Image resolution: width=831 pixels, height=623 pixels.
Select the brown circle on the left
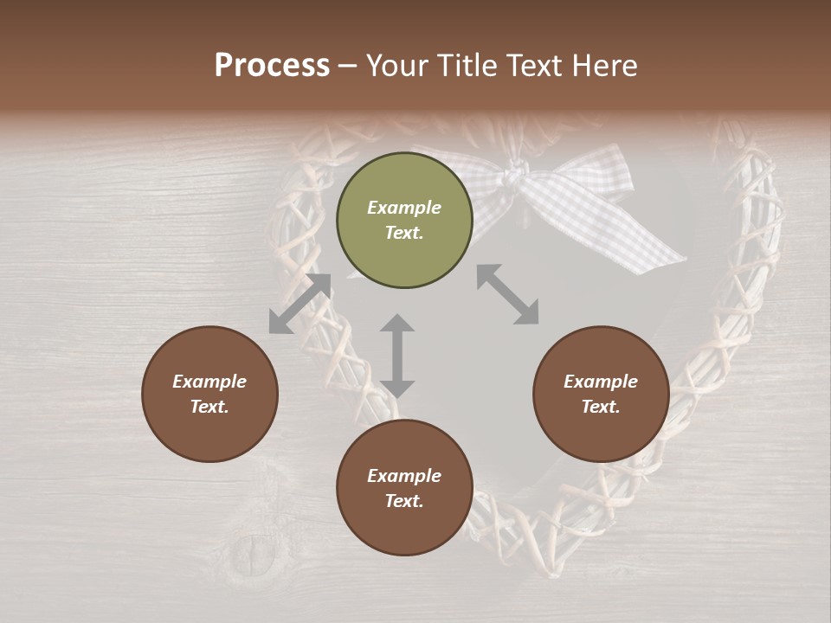tap(209, 394)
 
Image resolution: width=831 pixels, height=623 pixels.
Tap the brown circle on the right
tap(601, 394)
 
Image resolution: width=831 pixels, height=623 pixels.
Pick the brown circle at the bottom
tap(404, 488)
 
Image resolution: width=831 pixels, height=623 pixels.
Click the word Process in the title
tap(272, 66)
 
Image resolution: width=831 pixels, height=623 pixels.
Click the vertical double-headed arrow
tap(397, 356)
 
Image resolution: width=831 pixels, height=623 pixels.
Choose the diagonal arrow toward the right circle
tap(508, 294)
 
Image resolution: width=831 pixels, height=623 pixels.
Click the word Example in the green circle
tap(404, 208)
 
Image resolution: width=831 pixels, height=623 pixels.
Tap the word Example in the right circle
tap(601, 382)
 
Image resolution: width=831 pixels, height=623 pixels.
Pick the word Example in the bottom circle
tap(404, 476)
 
